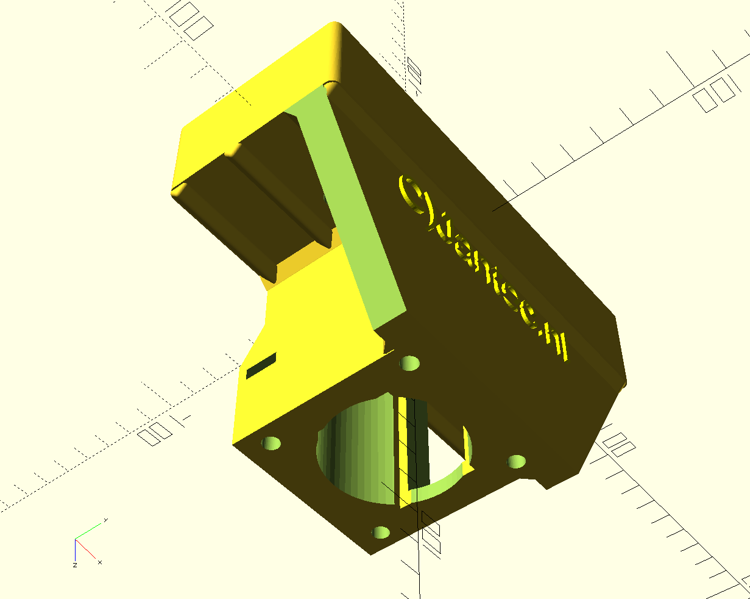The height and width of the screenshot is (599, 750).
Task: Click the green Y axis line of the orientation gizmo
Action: (89, 531)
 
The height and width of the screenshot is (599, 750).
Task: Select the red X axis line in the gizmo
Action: (85, 549)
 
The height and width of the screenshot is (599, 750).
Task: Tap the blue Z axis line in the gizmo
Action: (75, 549)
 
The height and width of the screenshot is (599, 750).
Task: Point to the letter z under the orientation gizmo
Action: (74, 565)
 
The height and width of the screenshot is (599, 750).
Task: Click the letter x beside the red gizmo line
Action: (99, 562)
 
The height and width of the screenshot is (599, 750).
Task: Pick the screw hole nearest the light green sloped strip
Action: (410, 364)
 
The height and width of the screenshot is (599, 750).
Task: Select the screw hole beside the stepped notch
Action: (517, 461)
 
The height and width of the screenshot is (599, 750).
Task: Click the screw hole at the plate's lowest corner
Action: (381, 533)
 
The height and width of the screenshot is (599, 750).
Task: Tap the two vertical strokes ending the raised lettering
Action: (562, 346)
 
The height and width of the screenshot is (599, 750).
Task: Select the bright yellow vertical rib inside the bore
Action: (404, 451)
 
